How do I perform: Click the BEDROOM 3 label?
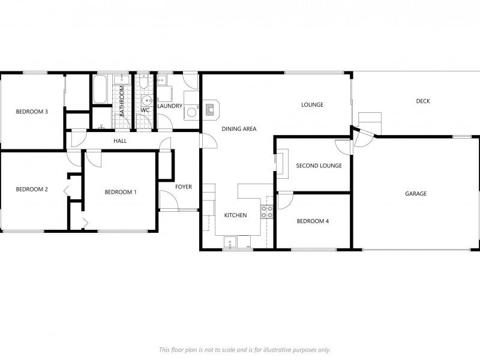(x=32, y=112)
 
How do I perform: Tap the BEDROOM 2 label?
(x=32, y=190)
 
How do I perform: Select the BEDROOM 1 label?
(x=121, y=192)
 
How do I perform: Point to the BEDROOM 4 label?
(x=313, y=221)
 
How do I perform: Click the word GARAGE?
(x=416, y=194)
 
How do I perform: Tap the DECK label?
(x=423, y=101)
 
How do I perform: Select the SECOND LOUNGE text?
(x=319, y=166)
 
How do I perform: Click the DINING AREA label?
(x=239, y=129)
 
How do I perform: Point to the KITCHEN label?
(x=235, y=215)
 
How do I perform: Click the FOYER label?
(x=184, y=187)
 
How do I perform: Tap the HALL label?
(x=120, y=141)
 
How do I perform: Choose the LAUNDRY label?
(x=169, y=106)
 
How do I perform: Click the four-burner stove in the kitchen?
(x=267, y=211)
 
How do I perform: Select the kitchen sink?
(x=230, y=242)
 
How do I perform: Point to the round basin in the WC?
(x=145, y=100)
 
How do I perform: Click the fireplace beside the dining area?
(x=211, y=109)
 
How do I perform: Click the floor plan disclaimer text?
(x=244, y=350)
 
